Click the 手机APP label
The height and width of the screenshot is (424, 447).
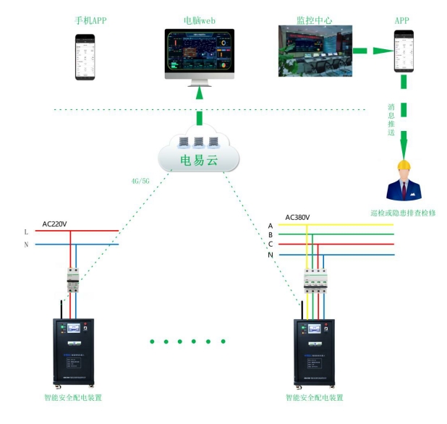click(x=90, y=20)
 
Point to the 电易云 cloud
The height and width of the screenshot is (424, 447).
click(x=199, y=153)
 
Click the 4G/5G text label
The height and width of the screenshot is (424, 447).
click(x=140, y=181)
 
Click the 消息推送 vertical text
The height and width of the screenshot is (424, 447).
click(x=391, y=121)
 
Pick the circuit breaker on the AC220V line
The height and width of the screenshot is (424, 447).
click(x=72, y=279)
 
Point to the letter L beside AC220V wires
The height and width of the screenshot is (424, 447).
click(x=26, y=232)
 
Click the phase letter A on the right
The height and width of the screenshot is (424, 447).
click(x=271, y=226)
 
